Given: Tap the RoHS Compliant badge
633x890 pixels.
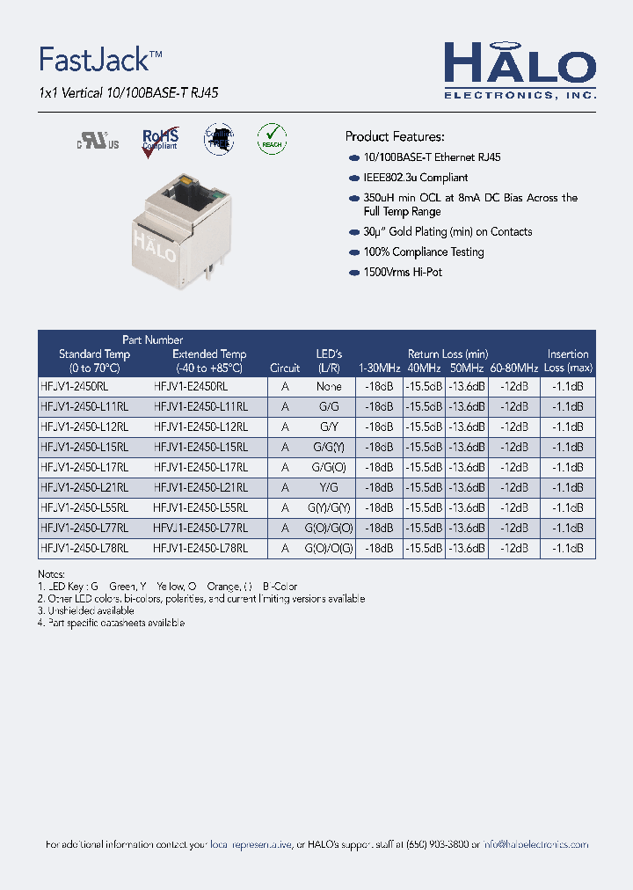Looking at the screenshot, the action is tap(160, 140).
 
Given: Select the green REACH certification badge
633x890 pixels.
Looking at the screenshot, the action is tap(272, 138).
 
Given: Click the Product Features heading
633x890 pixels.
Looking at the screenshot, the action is tap(394, 136).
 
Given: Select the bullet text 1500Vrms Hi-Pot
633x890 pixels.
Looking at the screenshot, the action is tap(403, 273).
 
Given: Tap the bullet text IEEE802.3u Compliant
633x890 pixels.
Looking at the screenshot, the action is tap(416, 178).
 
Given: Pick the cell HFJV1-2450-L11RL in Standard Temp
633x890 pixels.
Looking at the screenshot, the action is tap(84, 406).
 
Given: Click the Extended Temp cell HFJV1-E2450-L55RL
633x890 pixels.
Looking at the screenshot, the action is tap(200, 507).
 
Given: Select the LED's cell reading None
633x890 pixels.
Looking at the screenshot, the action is tap(329, 386).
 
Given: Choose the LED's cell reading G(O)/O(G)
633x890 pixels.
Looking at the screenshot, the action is tap(329, 548).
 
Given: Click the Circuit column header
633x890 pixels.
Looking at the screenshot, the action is tap(285, 368).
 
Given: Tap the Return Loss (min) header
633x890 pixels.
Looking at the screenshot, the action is tap(447, 354).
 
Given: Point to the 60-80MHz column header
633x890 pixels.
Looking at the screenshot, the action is tap(514, 368).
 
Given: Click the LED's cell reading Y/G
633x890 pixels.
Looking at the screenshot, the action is tap(329, 487).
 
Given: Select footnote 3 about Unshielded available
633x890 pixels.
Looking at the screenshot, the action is tap(86, 610).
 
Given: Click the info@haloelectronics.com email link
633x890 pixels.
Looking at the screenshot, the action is tap(535, 844).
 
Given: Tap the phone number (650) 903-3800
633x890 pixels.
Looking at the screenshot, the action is tap(436, 844).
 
